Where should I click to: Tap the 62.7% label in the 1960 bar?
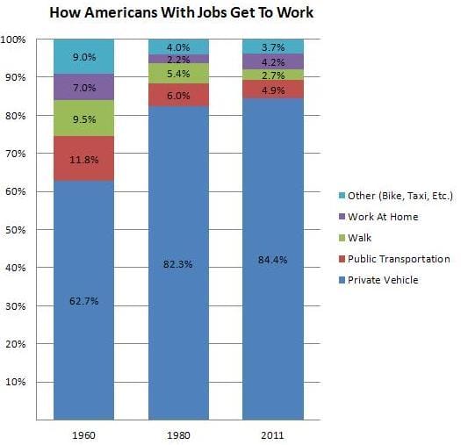point(83,301)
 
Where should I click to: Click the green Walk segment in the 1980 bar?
point(178,73)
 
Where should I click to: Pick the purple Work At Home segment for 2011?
point(272,61)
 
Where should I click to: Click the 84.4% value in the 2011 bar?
point(272,259)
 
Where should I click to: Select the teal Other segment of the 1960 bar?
point(83,56)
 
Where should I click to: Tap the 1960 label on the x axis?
point(83,434)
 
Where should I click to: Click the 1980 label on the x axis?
point(178,434)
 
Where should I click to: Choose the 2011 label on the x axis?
point(272,434)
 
